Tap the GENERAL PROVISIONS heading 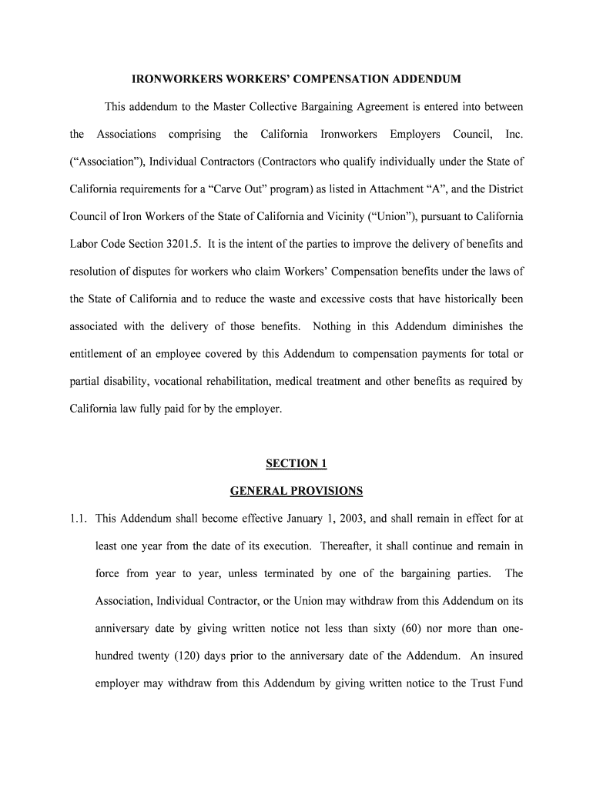[296, 491]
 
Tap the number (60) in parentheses [410, 629]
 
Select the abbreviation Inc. [514, 134]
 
